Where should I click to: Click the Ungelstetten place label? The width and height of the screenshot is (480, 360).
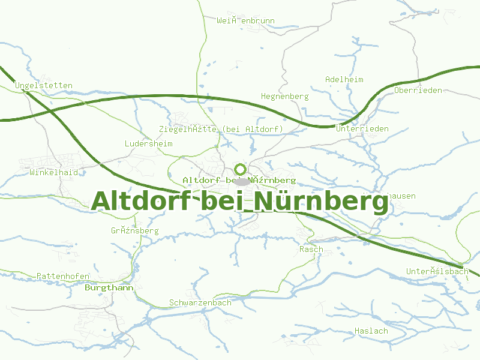tap(44, 85)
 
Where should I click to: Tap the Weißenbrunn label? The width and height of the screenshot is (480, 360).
tap(246, 20)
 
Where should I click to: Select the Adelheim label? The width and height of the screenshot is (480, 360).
tap(344, 79)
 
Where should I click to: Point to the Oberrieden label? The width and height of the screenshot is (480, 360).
tap(418, 90)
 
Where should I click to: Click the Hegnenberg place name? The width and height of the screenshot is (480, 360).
tap(285, 96)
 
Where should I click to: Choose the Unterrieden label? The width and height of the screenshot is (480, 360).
tap(362, 128)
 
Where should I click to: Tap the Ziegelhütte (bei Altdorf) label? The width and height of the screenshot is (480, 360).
tap(221, 129)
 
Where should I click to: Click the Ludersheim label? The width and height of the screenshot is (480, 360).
tap(148, 143)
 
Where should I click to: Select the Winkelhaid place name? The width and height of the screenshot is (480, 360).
tap(53, 172)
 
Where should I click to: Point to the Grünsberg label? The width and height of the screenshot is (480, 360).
tap(134, 230)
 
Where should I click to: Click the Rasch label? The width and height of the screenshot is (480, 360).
tap(311, 249)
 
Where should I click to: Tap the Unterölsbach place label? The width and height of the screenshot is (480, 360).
tap(437, 271)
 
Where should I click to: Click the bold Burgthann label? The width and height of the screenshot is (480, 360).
tap(109, 287)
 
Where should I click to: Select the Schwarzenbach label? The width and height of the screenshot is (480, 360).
tap(200, 302)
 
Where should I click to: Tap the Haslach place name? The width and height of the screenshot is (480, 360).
tap(371, 331)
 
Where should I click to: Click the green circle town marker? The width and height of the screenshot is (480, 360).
tap(241, 169)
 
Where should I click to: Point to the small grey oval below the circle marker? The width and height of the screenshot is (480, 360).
tap(241, 181)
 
